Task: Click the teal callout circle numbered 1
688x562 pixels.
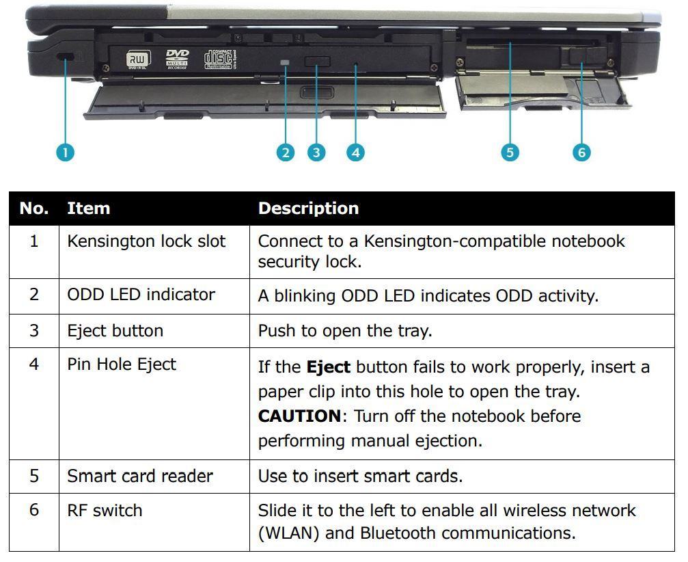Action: point(65,152)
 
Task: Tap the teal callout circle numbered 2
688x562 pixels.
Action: point(286,152)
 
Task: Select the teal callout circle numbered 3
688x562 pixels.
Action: point(316,152)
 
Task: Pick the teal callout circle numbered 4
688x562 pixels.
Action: point(355,152)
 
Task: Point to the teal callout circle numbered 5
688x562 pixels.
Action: point(510,152)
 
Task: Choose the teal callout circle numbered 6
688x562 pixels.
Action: point(581,152)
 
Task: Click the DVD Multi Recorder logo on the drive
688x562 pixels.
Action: point(177,59)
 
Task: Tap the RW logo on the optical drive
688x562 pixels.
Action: point(137,60)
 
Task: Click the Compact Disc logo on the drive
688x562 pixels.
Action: point(219,58)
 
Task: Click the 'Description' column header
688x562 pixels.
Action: point(308,209)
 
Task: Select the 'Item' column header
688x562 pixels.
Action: point(88,209)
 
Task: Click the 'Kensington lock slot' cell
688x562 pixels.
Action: point(146,241)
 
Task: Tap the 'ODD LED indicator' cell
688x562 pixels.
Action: point(141,295)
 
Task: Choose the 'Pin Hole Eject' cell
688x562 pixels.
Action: point(122,364)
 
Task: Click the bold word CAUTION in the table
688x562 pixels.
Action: point(299,416)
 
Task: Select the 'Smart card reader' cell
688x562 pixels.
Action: point(140,476)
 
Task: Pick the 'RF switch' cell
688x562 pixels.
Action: point(105,510)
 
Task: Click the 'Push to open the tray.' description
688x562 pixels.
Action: point(345,331)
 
